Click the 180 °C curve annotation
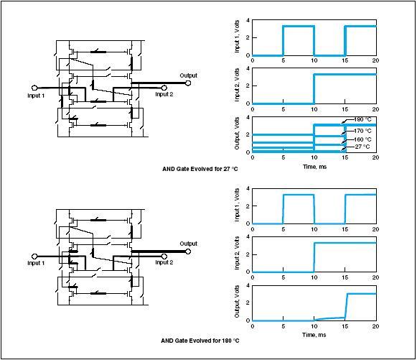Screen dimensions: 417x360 (362, 119)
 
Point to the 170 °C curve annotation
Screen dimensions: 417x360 (362, 131)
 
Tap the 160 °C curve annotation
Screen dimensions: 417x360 (362, 139)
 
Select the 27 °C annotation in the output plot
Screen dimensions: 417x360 (362, 147)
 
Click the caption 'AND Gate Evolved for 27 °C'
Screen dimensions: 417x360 (200, 169)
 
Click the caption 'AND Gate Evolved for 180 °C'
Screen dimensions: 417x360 (200, 341)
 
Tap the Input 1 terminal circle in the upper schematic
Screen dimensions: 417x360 (34, 88)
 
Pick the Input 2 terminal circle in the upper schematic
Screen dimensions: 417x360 (164, 88)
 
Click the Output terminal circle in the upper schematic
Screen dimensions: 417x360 (188, 83)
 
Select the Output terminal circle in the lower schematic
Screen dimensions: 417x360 (188, 251)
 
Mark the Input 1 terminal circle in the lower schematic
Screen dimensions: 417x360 (34, 256)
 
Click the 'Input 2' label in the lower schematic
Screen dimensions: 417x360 (164, 262)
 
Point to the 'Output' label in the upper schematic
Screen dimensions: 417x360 (189, 75)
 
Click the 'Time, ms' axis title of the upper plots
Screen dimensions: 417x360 (314, 167)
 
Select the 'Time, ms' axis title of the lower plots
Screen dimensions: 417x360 (314, 335)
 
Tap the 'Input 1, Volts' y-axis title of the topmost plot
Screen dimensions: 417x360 (237, 37)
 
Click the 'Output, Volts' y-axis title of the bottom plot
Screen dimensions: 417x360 (237, 301)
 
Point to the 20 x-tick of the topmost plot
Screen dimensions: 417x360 (375, 60)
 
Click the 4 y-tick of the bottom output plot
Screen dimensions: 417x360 (248, 285)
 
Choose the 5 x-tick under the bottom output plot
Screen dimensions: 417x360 (284, 326)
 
